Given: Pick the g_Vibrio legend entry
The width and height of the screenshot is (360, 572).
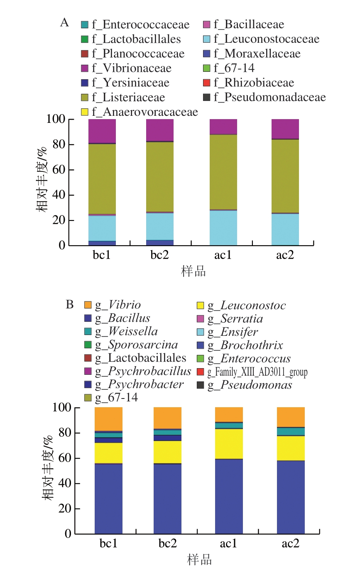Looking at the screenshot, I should coord(118,305).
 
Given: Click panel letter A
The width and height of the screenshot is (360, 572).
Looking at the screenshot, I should coord(64,23).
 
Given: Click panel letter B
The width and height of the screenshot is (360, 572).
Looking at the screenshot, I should coord(69,305).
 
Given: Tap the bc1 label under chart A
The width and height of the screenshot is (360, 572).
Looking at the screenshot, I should coord(102,255).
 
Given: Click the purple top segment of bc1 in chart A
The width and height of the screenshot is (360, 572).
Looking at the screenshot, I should coord(102,131).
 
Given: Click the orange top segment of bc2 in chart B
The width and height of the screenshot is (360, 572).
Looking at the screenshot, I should coord(167,418).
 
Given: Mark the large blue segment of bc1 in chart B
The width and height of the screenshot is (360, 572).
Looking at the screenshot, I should coord(108,498).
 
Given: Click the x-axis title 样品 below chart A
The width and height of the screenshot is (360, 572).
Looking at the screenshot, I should coord(193,272).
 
